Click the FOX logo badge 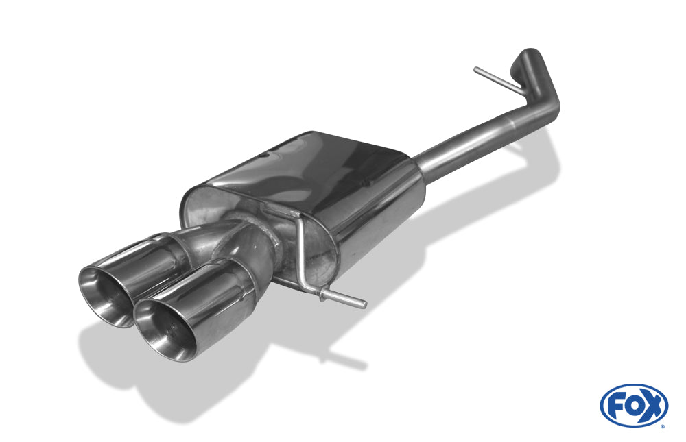click(x=634, y=406)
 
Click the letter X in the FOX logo click(x=652, y=406)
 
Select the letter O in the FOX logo click(x=632, y=406)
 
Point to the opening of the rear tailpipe click(x=106, y=295)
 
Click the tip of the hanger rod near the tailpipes click(x=364, y=304)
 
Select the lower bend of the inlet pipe click(x=546, y=109)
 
